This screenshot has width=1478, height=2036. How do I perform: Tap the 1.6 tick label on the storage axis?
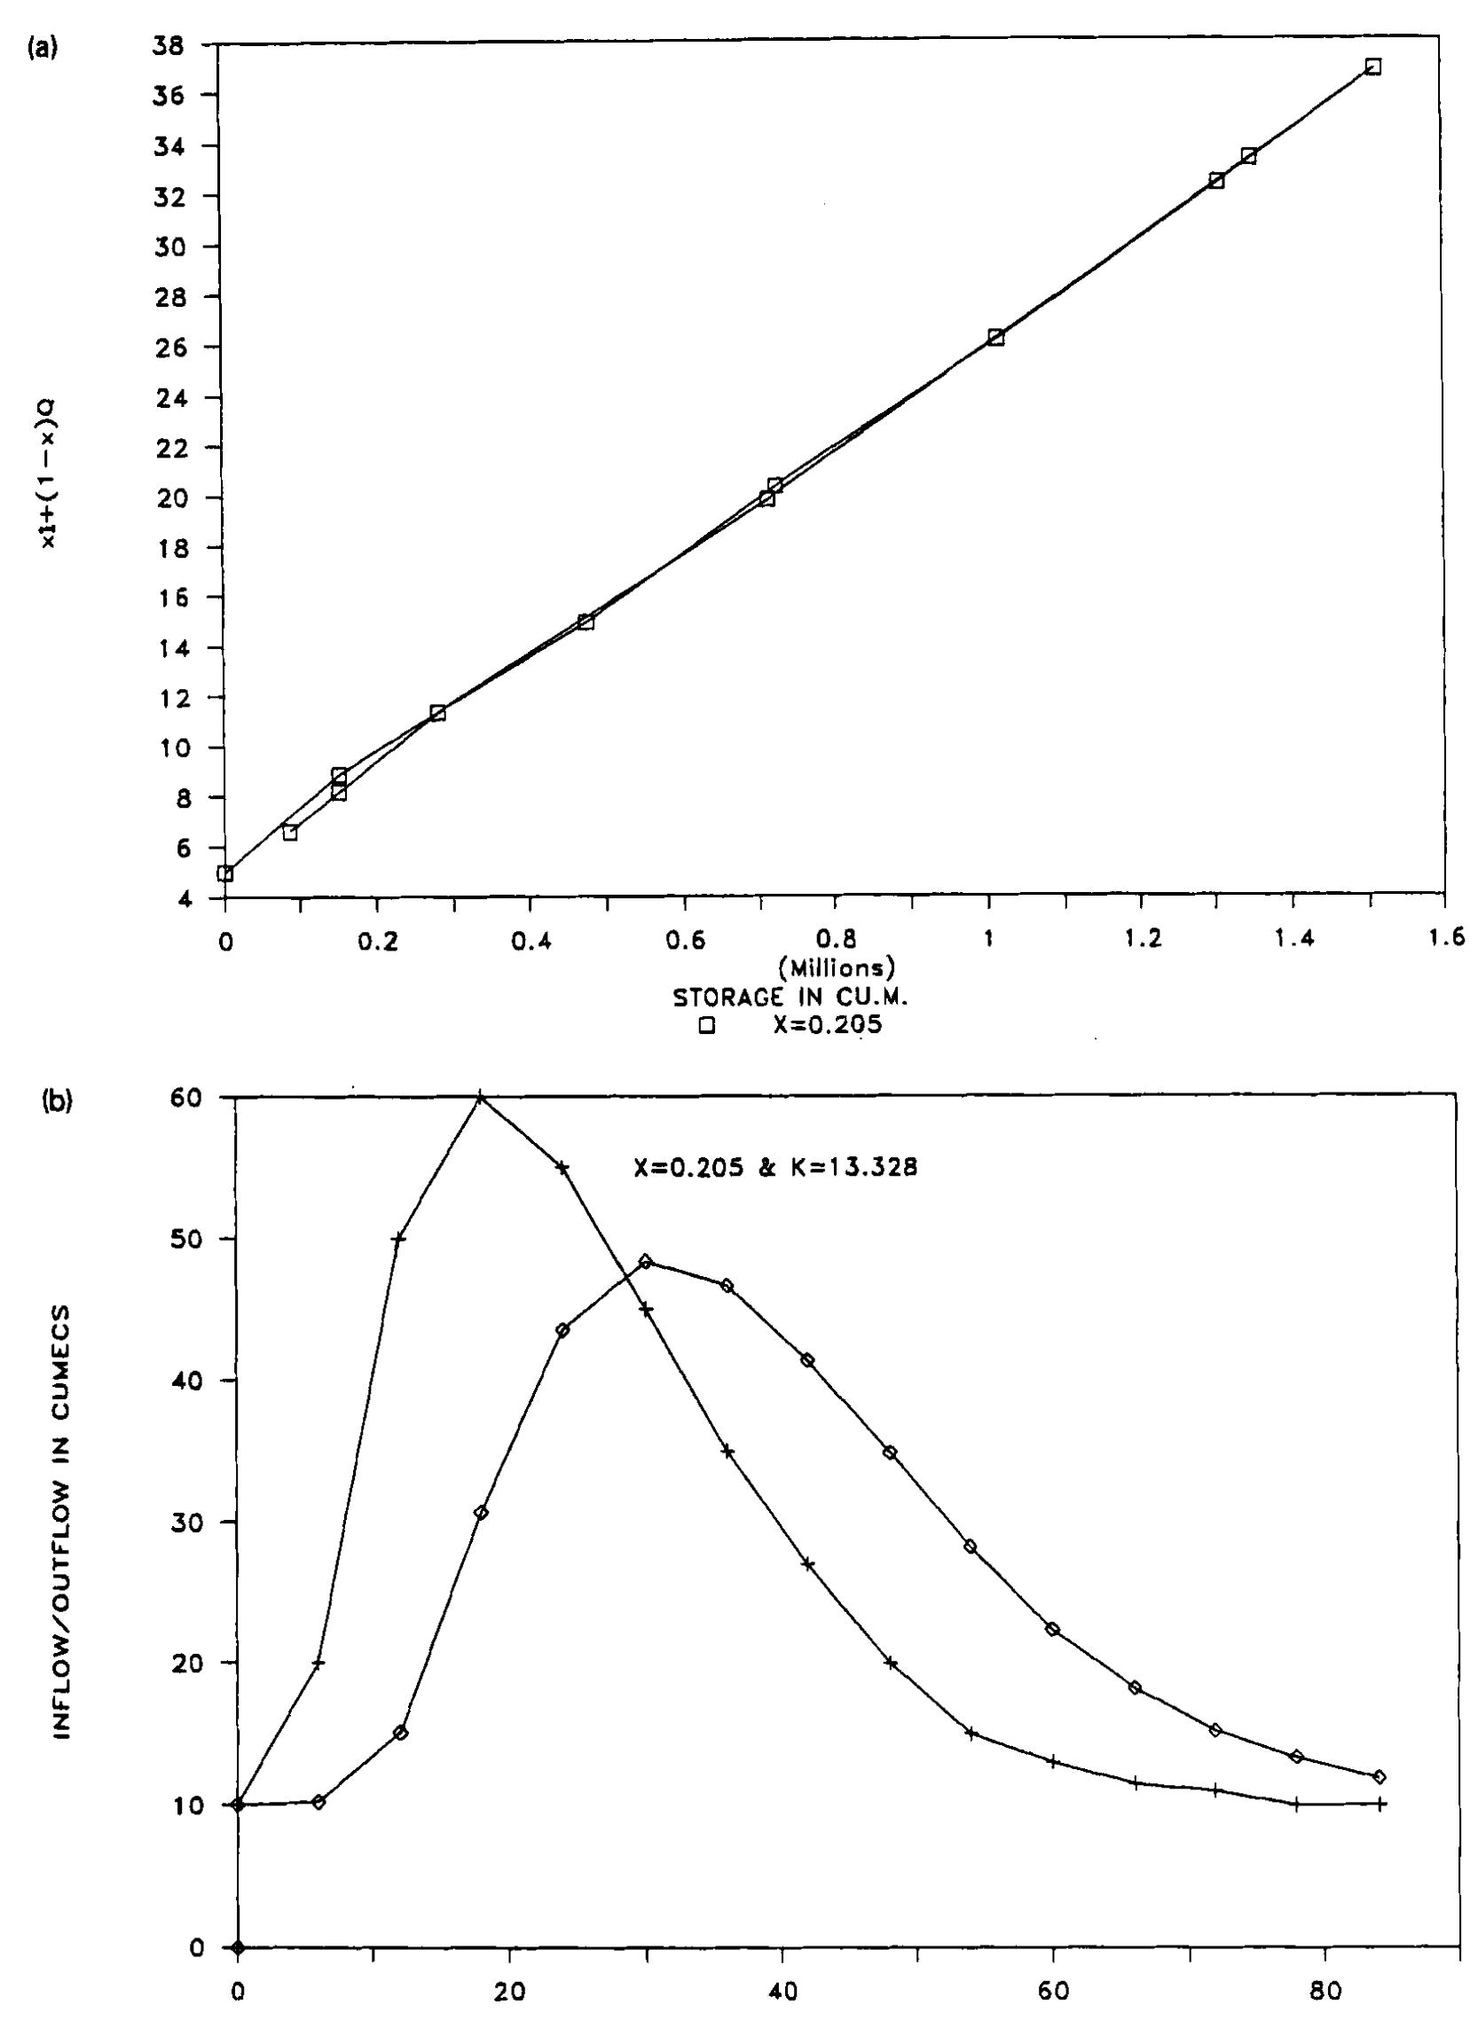(1446, 939)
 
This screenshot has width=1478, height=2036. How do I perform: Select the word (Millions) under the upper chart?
(836, 967)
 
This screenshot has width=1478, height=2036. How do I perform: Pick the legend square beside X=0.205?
(709, 1025)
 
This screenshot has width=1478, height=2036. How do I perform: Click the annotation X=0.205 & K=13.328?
(775, 1170)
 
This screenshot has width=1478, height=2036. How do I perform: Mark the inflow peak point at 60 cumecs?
(481, 1098)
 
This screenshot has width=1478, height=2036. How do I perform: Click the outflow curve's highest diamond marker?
(645, 1261)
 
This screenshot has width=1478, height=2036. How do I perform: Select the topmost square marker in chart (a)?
(1372, 67)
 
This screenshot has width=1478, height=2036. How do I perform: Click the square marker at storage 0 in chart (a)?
(225, 873)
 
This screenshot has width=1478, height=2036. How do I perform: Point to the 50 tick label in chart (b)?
(194, 1240)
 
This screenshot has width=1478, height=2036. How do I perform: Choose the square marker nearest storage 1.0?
(995, 338)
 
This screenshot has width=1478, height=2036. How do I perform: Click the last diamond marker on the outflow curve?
(1380, 1751)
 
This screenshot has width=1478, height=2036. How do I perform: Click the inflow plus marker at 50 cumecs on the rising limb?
(399, 1240)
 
